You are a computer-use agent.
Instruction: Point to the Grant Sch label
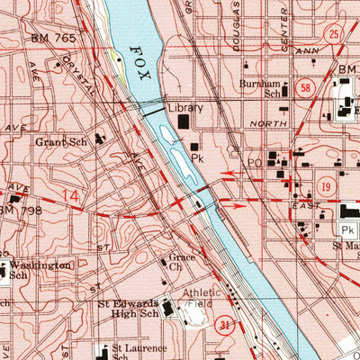(x=57, y=141)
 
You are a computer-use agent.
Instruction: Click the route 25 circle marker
(x=335, y=36)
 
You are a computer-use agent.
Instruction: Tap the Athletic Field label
(x=202, y=299)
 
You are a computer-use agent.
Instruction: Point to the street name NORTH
(x=268, y=124)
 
